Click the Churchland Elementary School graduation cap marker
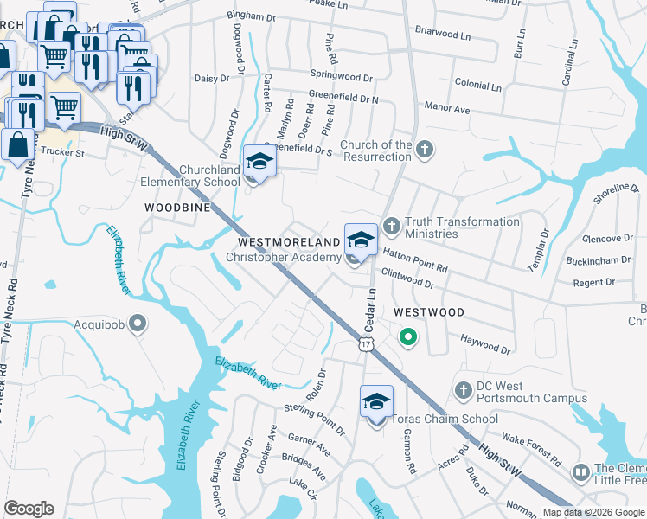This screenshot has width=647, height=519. coord(259,163)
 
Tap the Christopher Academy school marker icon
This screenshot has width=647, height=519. coord(361,240)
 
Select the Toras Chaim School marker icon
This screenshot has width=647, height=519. coord(377,401)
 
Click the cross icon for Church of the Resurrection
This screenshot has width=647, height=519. coord(424,151)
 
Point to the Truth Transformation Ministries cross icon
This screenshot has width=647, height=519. coord(391,227)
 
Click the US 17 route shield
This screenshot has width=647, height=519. coord(366,344)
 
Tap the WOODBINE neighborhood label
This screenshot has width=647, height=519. coord(177,208)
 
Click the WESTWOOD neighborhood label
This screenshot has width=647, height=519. coord(428,311)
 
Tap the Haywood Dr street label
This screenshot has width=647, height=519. coord(485,344)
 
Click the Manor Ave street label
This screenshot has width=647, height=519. coord(446,110)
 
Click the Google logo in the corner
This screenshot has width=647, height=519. coord(29,508)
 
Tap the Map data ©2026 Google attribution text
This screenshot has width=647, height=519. coord(593,512)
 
